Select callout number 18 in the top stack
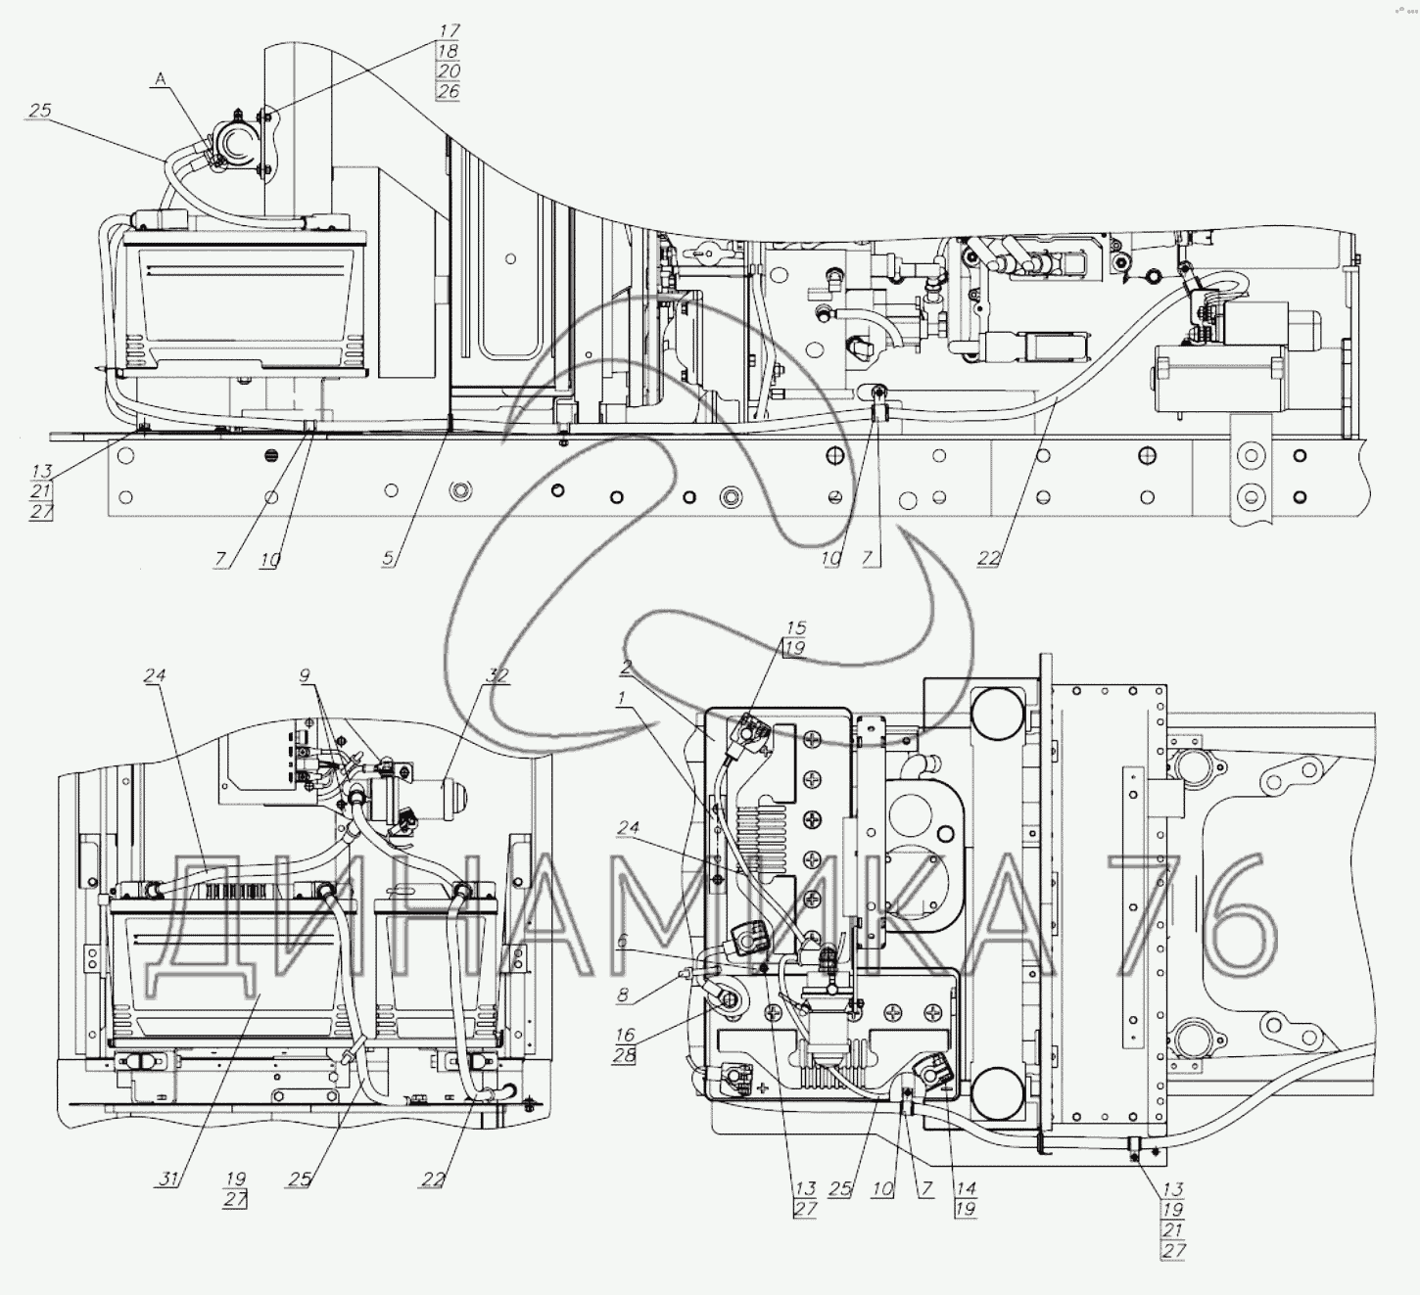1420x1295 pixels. [449, 51]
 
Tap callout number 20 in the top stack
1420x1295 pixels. [449, 70]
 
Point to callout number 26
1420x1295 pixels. [449, 91]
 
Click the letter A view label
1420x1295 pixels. [161, 79]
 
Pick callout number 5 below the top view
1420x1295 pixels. [388, 558]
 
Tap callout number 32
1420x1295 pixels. [497, 675]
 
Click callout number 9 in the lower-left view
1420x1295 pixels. [306, 675]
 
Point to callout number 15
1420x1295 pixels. [796, 627]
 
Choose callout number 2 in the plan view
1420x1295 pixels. [627, 667]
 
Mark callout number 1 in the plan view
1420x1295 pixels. [622, 699]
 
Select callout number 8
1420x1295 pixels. [622, 994]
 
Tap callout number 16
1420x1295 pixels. [625, 1036]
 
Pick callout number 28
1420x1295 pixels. [625, 1056]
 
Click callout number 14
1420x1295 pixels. [966, 1188]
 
